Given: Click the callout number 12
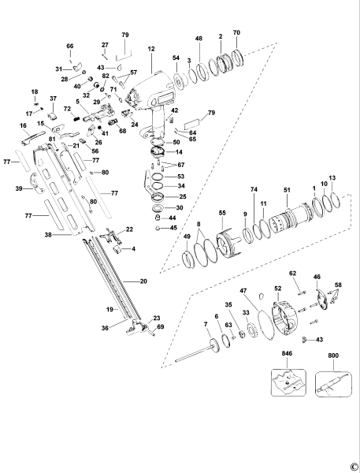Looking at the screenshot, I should coord(150,49).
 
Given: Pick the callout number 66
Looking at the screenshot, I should coord(69,47).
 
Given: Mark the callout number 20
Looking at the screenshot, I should coord(143,281).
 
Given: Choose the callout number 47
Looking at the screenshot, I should coord(245,291).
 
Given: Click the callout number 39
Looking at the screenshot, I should coord(17,189).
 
